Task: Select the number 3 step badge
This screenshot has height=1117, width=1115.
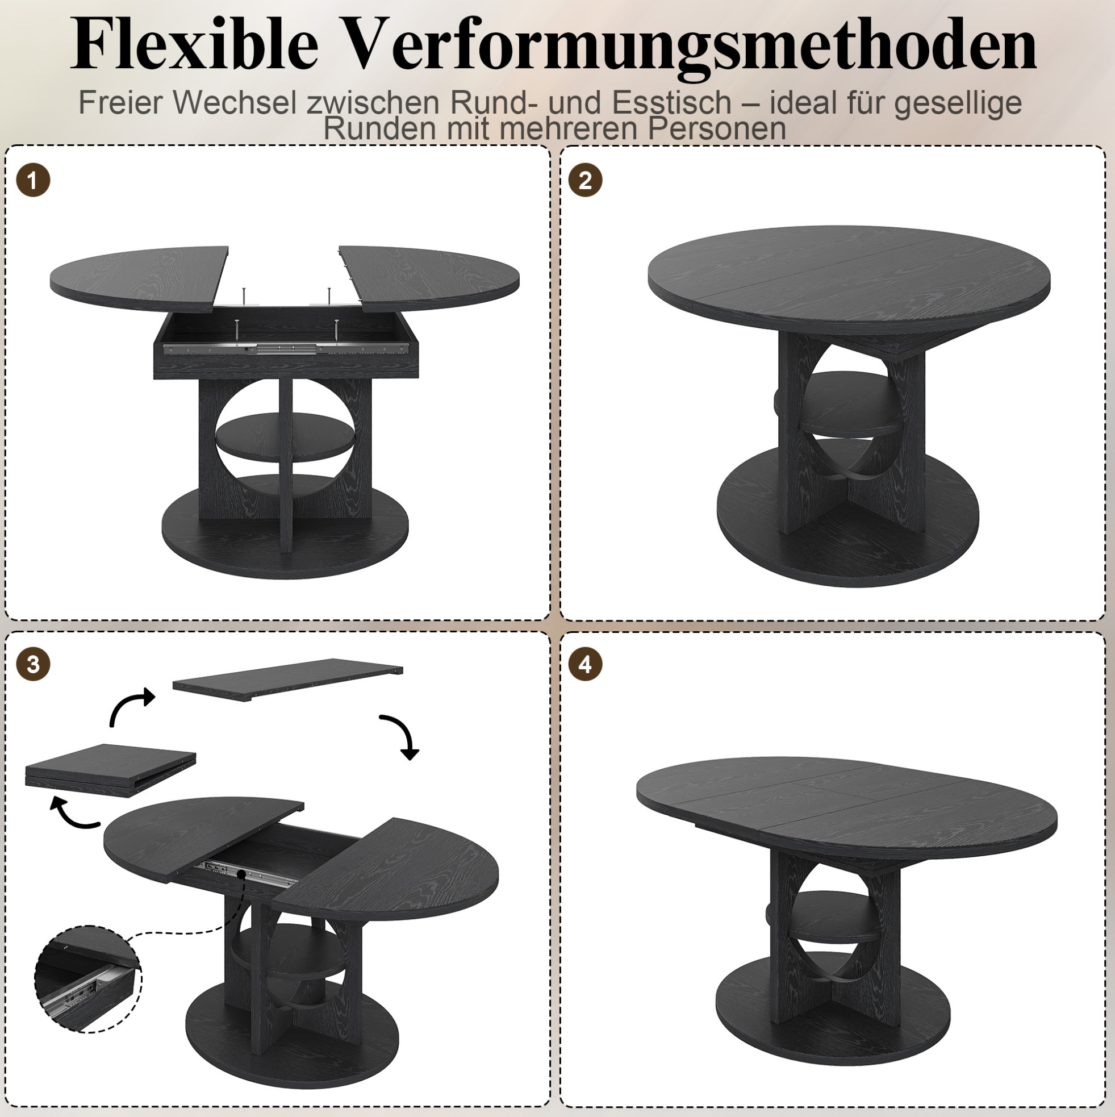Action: [x=33, y=664]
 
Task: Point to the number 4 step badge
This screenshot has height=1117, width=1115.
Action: [x=586, y=664]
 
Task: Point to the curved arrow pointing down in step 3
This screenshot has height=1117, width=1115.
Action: [x=402, y=733]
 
